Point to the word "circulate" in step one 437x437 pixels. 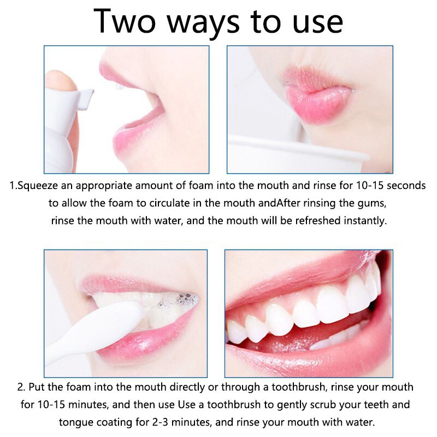tap(159, 204)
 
